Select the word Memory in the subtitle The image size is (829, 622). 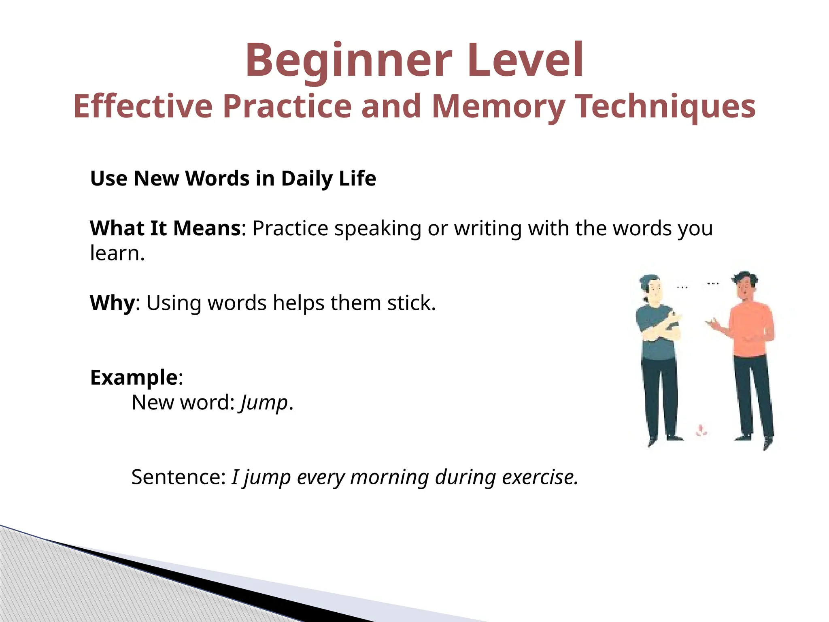pyautogui.click(x=499, y=107)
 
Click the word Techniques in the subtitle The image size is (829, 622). pyautogui.click(x=666, y=107)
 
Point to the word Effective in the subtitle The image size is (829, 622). pyautogui.click(x=143, y=107)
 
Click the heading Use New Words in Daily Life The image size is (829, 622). pyautogui.click(x=233, y=179)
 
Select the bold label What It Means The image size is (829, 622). pyautogui.click(x=165, y=228)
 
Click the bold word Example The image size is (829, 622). pyautogui.click(x=134, y=377)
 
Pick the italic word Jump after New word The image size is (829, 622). pyautogui.click(x=264, y=403)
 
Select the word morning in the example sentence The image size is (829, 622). pyautogui.click(x=389, y=477)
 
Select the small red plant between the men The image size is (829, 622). pyautogui.click(x=701, y=430)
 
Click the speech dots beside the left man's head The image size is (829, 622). pyautogui.click(x=682, y=288)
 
